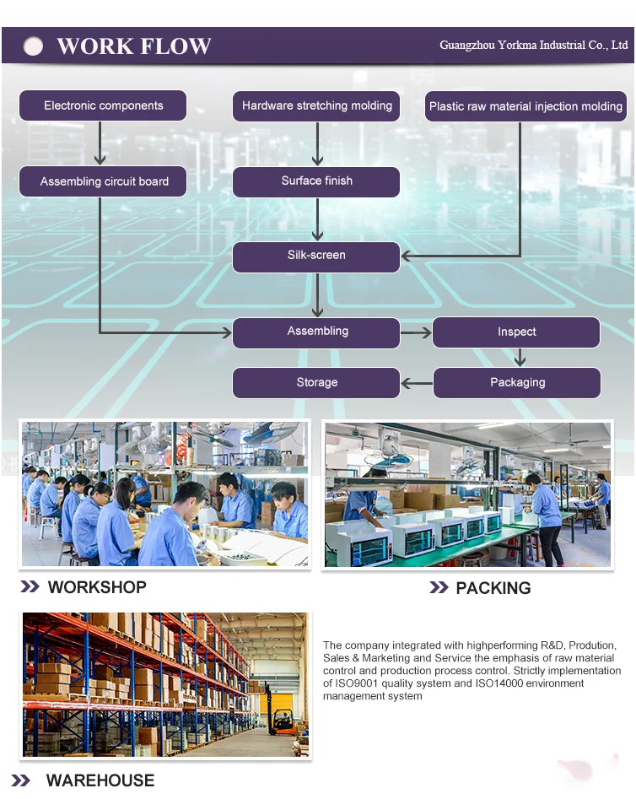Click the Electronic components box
[103, 106]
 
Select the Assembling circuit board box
[104, 181]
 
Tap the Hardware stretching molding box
[316, 106]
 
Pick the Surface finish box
[316, 181]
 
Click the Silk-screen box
[316, 256]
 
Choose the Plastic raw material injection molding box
[526, 107]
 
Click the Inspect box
[516, 332]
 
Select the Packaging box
[517, 383]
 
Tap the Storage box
[316, 383]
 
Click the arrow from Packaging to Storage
[416, 384]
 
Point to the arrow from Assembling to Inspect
[416, 333]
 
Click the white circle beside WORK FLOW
[33, 46]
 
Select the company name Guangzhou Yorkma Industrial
[533, 46]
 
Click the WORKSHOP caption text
[97, 587]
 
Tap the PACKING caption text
[493, 588]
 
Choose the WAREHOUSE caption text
[100, 780]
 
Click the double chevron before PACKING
[438, 588]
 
